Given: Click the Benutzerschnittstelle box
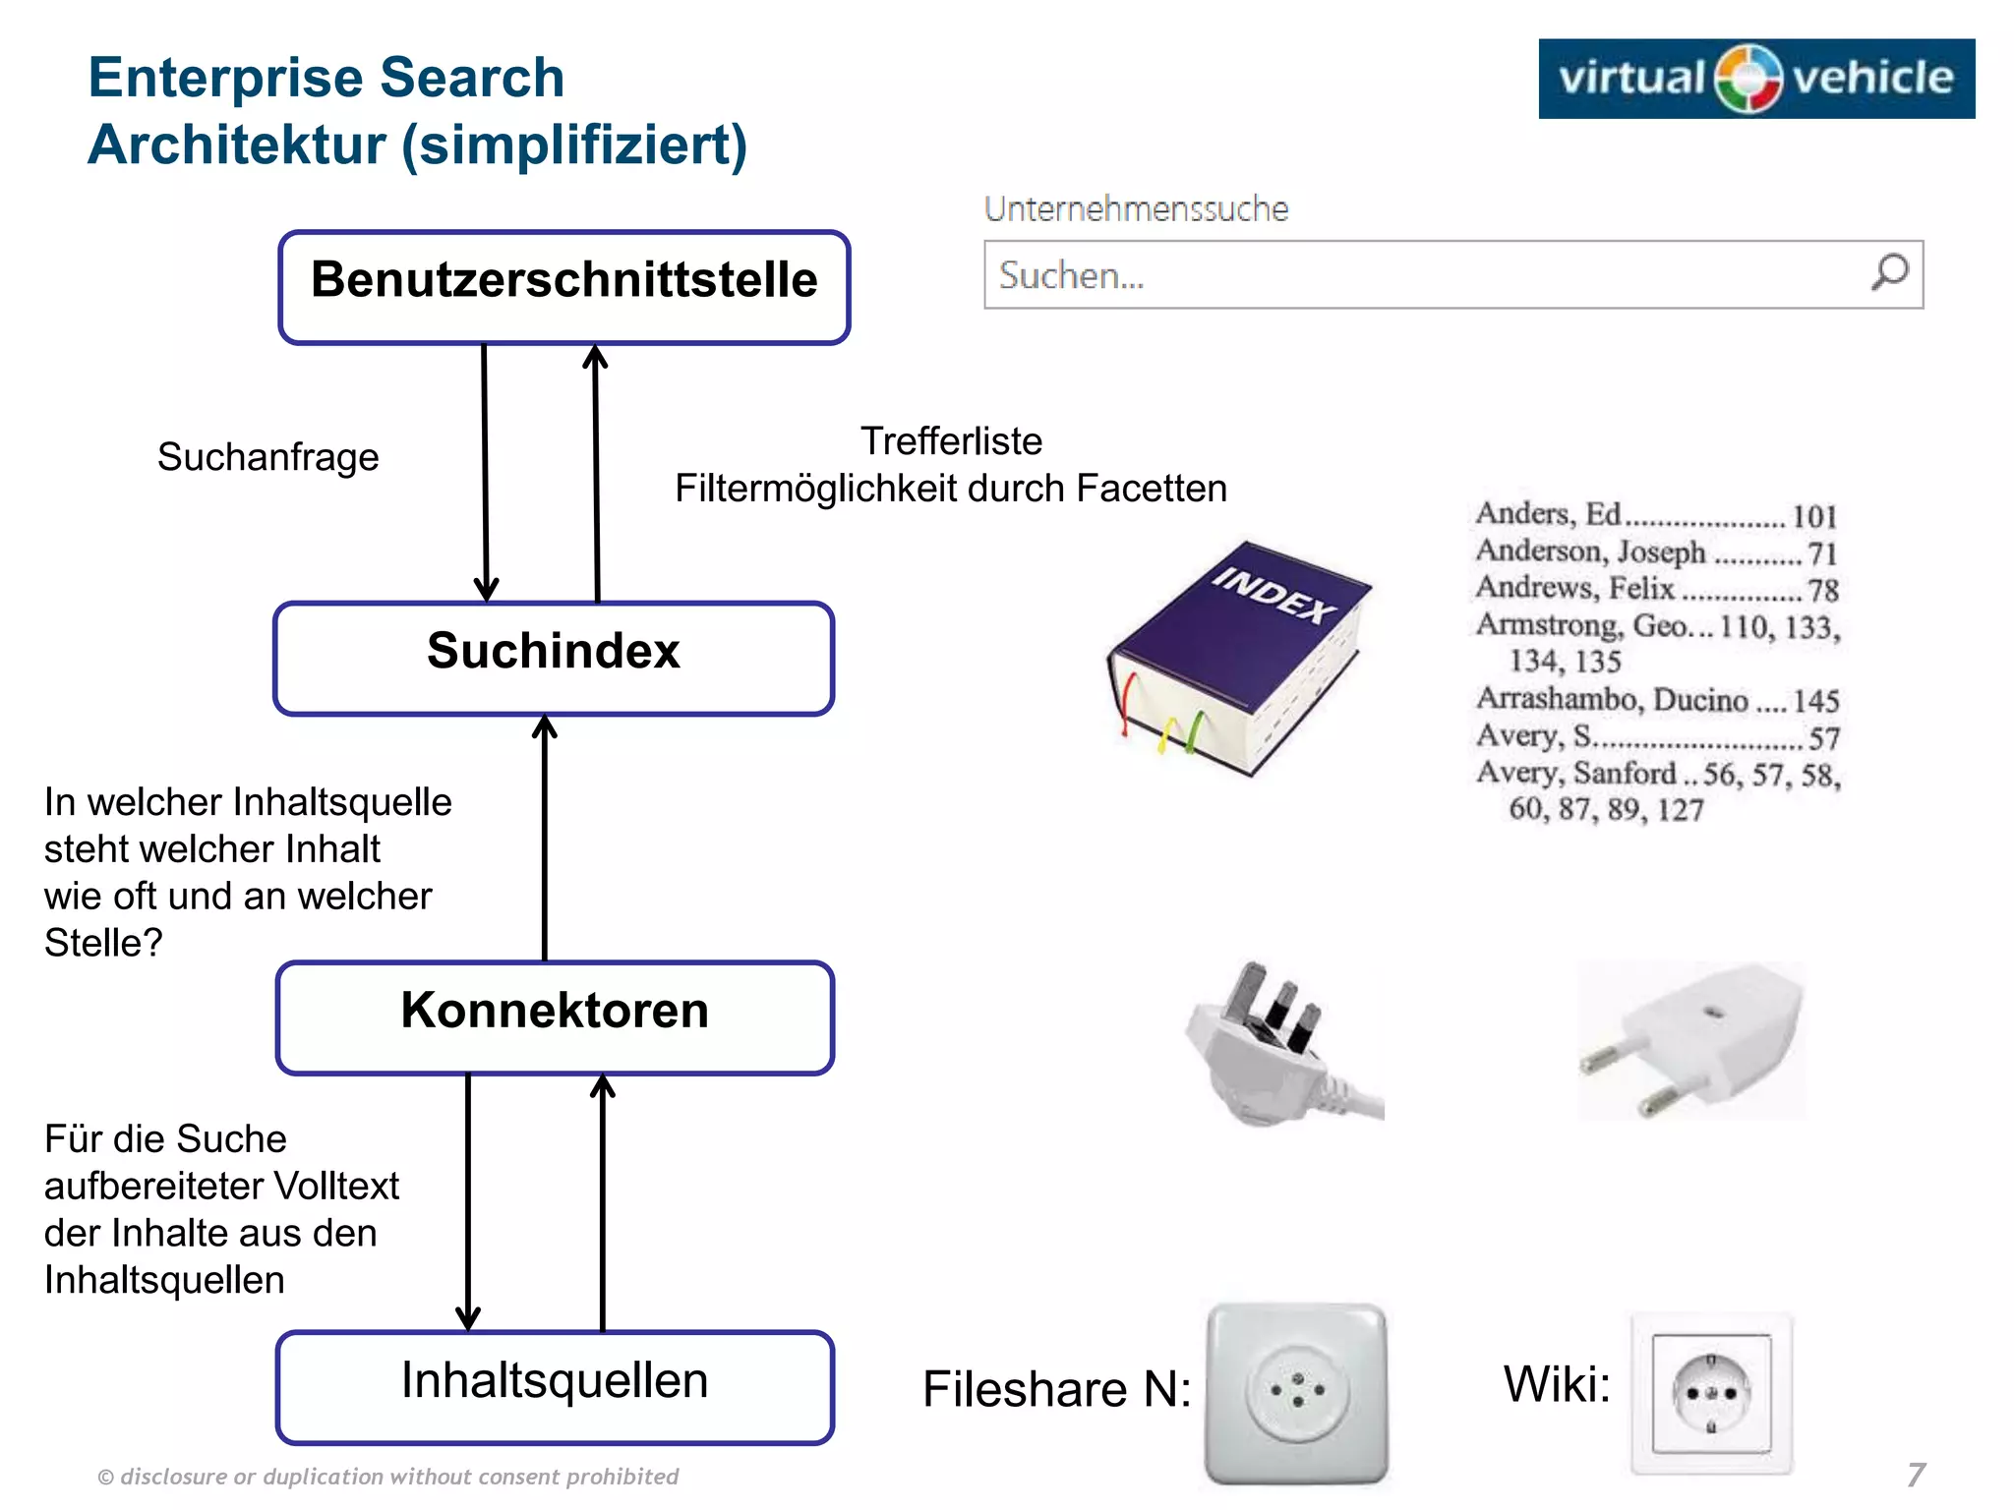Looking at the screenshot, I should (x=563, y=287).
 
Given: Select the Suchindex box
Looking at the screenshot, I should (x=554, y=658).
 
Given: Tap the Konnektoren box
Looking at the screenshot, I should (x=555, y=1017).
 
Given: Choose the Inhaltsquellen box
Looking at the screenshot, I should (x=555, y=1387).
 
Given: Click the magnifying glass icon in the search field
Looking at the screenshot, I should (x=1889, y=272).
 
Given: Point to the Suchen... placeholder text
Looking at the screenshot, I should (x=1071, y=276).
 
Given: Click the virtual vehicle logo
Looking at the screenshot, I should (x=1755, y=79).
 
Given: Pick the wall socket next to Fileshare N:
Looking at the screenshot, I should (x=1296, y=1392).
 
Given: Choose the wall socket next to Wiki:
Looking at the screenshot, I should (x=1711, y=1393).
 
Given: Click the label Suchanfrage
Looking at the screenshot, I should (x=267, y=457).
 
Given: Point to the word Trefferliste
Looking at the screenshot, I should (x=951, y=441).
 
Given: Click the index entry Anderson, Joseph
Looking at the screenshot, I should (x=1590, y=552).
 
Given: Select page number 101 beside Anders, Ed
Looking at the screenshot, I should (x=1814, y=516).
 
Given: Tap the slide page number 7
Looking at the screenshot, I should (x=1916, y=1475).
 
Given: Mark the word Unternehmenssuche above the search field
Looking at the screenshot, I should (x=1136, y=209).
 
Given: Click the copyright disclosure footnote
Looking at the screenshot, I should (x=388, y=1477).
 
